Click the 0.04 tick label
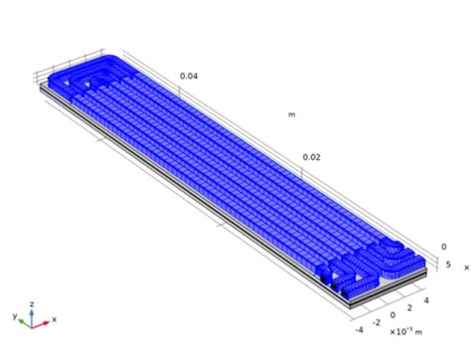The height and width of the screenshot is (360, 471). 189,76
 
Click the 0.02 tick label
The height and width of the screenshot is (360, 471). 311,156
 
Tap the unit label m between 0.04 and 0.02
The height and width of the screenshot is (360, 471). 291,114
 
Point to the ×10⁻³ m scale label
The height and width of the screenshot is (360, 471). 404,331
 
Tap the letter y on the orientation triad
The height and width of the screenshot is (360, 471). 16,316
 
